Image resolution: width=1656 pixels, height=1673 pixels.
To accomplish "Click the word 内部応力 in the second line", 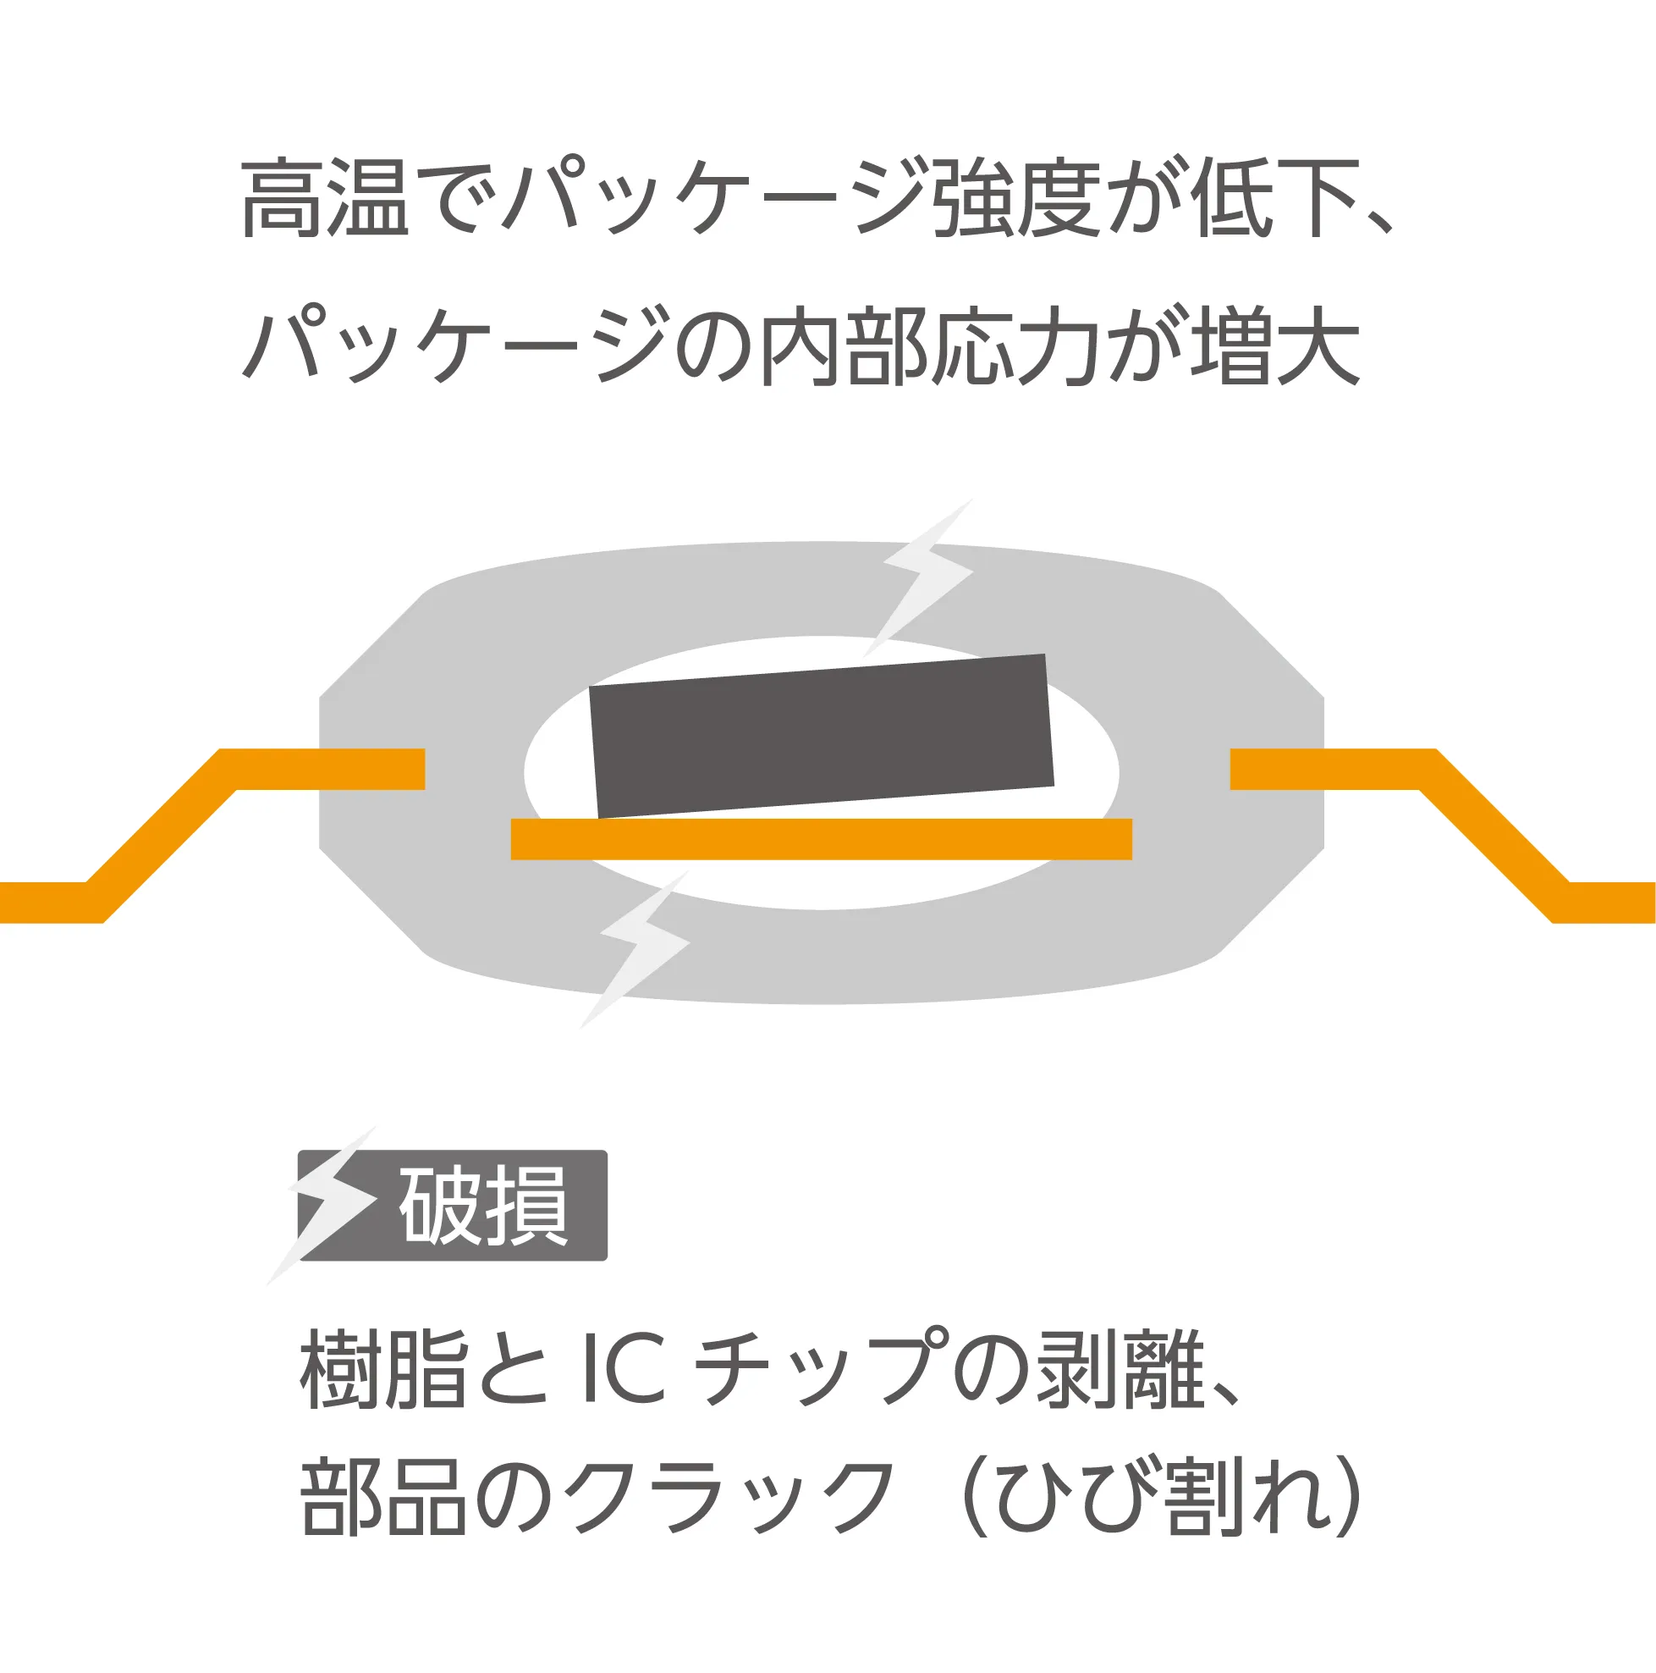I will [929, 346].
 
